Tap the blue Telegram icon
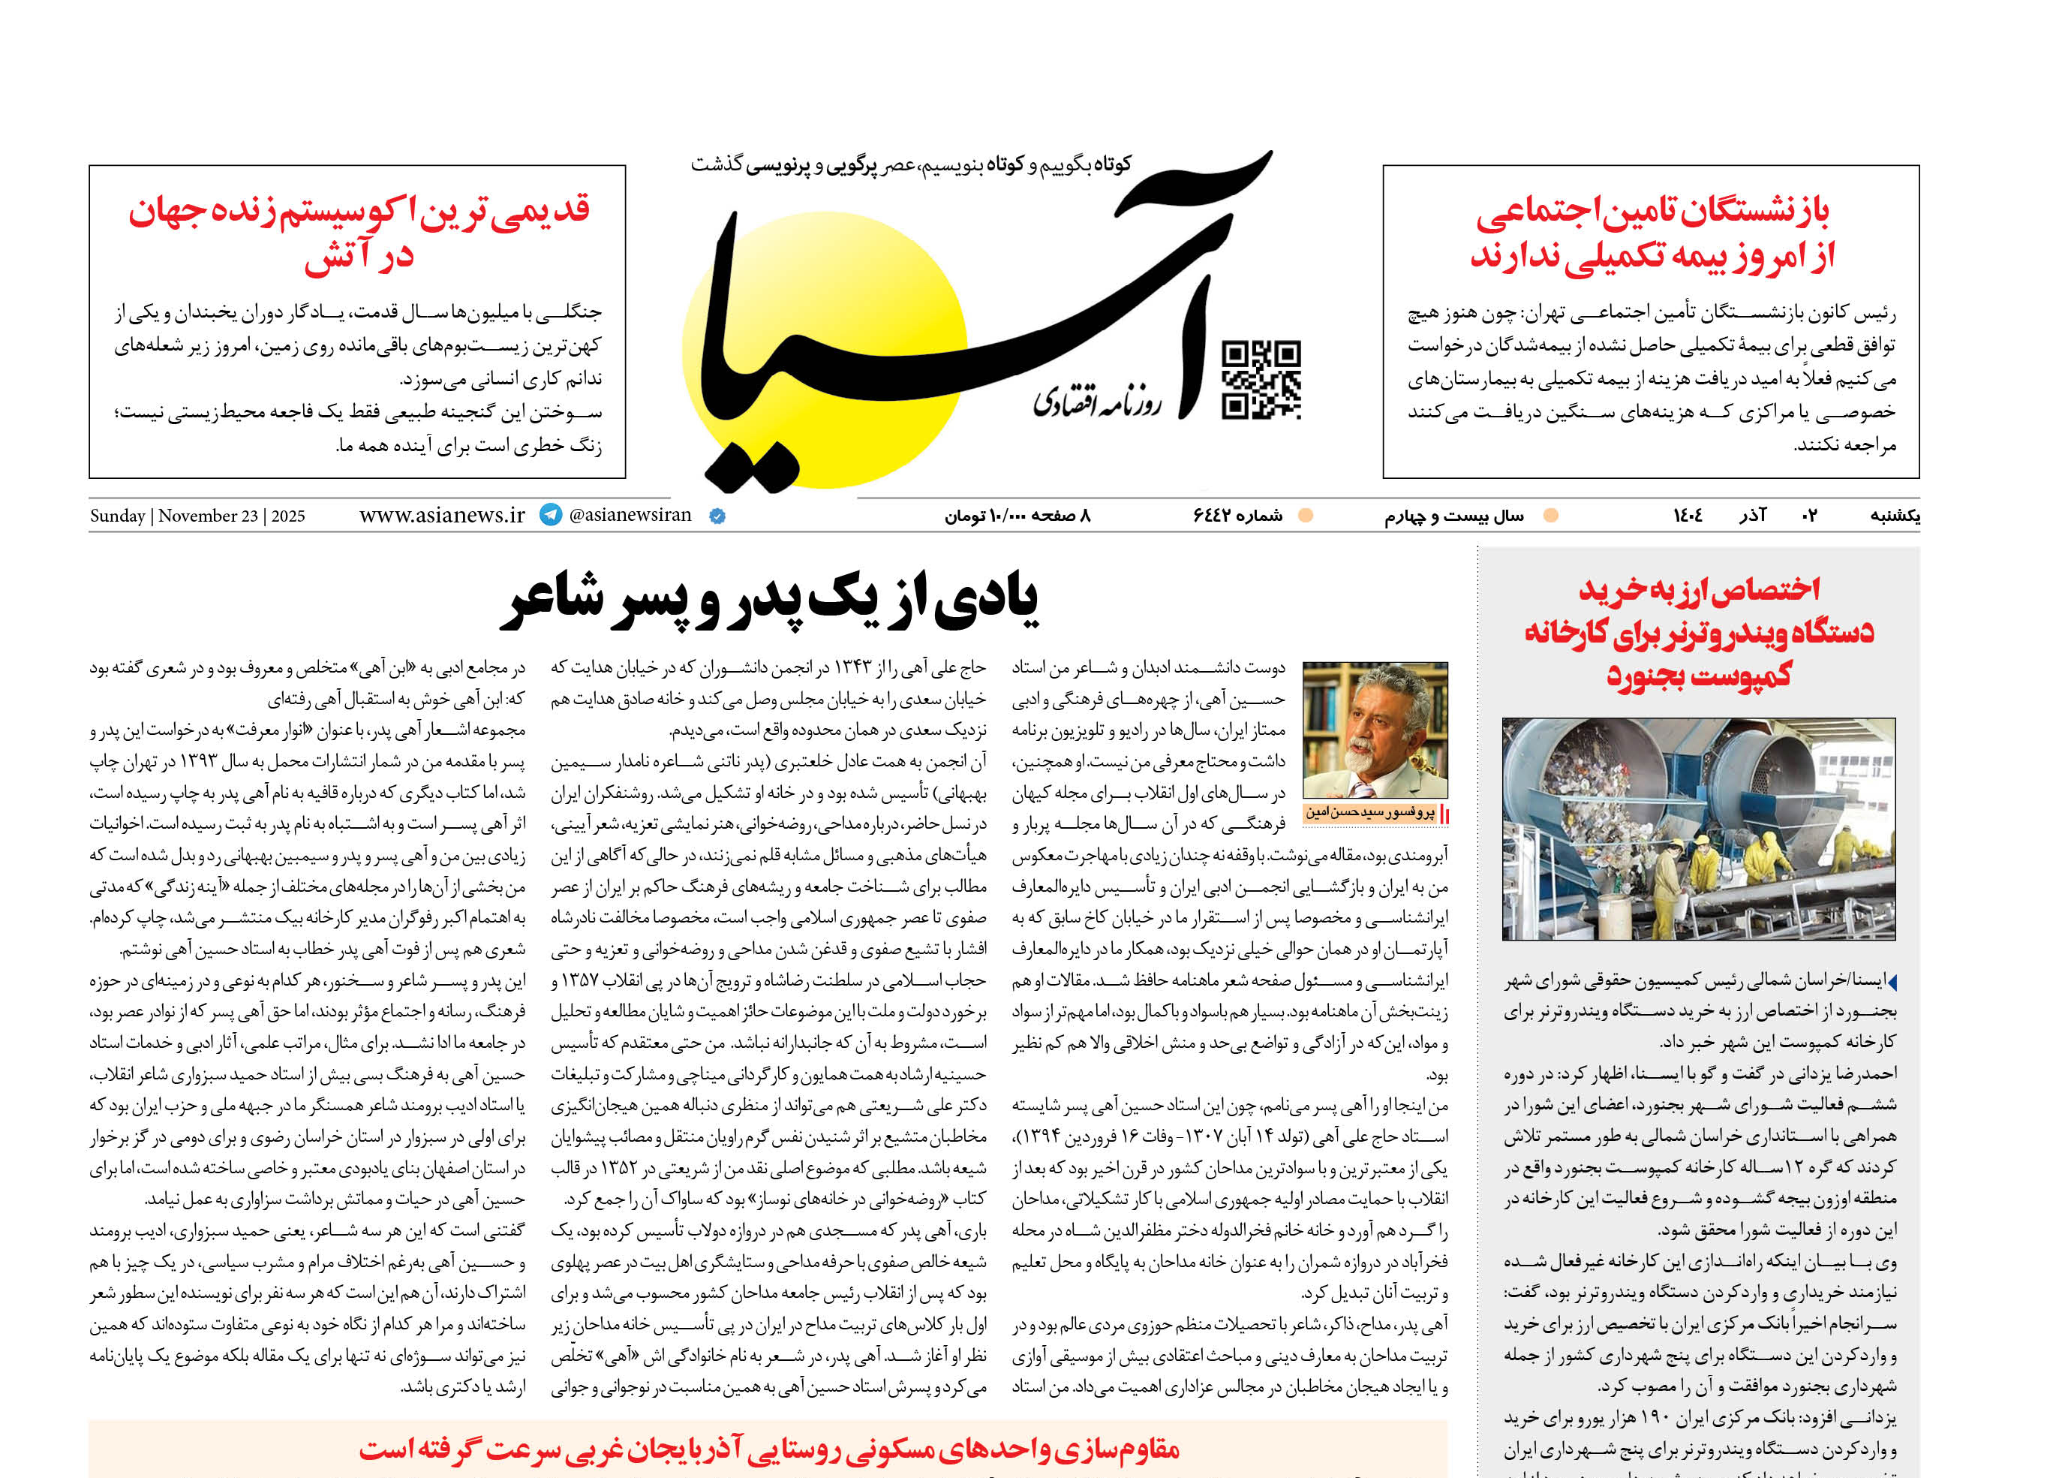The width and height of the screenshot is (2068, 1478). [551, 515]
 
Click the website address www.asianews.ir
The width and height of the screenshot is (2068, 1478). [442, 515]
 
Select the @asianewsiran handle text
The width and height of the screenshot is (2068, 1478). [630, 515]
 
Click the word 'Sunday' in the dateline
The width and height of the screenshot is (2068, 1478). [117, 516]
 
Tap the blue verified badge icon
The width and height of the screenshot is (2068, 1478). [717, 516]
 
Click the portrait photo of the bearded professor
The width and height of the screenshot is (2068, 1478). [1375, 731]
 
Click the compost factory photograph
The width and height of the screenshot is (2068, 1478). [1699, 828]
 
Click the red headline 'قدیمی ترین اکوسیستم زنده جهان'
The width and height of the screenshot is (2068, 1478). [359, 212]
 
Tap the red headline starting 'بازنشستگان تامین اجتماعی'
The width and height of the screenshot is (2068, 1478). [1652, 212]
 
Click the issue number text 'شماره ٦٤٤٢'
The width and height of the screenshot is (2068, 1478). [1237, 516]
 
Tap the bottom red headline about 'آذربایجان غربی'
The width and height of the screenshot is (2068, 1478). [769, 1449]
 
